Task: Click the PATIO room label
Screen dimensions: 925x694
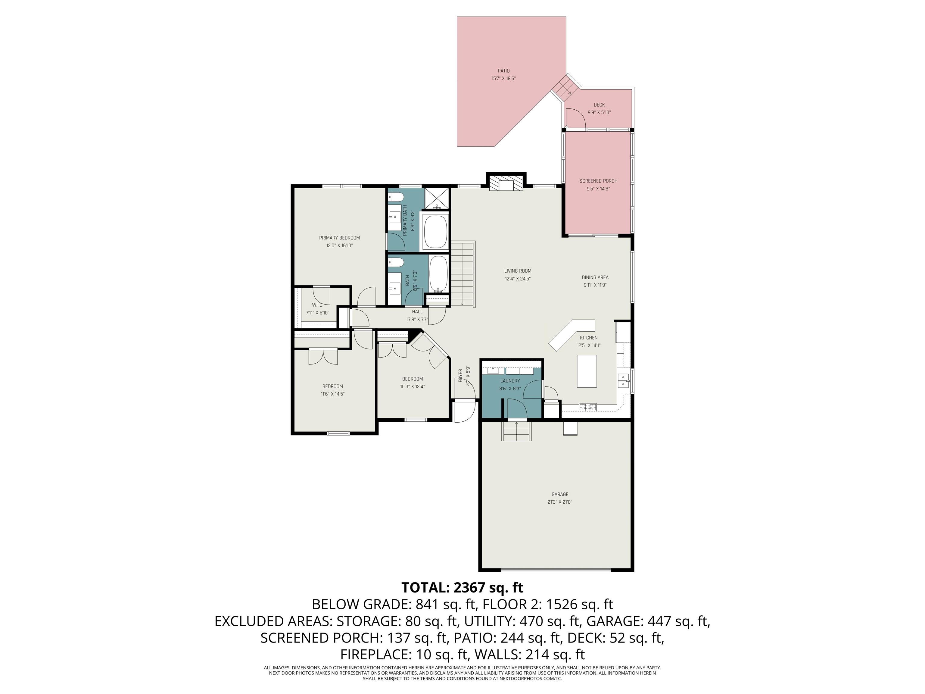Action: pos(503,71)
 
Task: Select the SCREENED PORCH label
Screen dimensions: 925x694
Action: pos(598,181)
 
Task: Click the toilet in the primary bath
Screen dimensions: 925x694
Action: pos(396,198)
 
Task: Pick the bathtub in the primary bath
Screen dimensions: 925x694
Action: pos(435,232)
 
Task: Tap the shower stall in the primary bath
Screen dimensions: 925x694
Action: pos(437,199)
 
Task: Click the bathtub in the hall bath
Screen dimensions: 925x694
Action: pos(438,274)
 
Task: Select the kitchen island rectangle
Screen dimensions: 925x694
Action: pos(587,370)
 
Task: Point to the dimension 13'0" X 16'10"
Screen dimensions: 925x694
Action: pos(340,245)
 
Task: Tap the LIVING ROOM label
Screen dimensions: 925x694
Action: pos(518,271)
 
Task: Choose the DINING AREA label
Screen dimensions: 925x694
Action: pos(595,277)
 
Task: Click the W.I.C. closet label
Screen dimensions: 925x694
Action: pos(317,305)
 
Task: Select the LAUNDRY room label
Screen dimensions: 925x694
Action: pos(510,381)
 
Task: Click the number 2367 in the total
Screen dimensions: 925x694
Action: pos(472,587)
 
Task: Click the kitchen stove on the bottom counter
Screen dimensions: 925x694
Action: pos(587,406)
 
